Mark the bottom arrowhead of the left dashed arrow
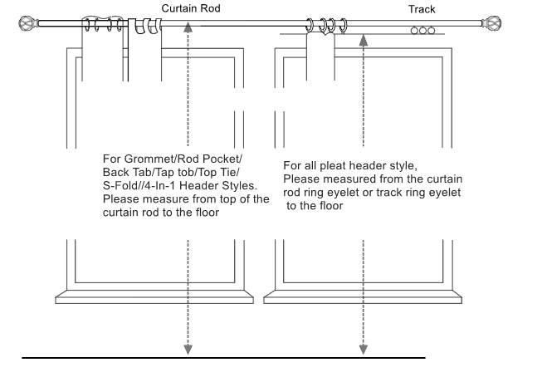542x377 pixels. click(190, 348)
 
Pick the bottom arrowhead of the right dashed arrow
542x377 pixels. click(362, 348)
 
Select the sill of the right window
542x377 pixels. click(362, 295)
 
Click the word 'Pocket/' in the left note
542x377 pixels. click(227, 159)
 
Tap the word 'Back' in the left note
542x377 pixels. click(116, 172)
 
